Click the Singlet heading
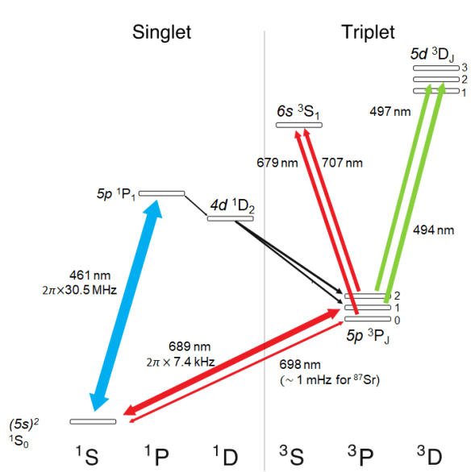[161, 32]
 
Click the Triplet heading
[368, 32]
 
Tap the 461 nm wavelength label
[90, 275]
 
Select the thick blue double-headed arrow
[127, 305]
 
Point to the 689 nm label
[190, 346]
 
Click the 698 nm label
[300, 365]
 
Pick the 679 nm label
[277, 163]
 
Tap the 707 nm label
[342, 163]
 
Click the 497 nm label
[390, 112]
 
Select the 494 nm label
[433, 230]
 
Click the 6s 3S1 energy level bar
[299, 125]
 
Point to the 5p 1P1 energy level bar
[161, 193]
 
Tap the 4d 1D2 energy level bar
[230, 218]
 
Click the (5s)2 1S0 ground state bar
[93, 422]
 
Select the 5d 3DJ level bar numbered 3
[436, 68]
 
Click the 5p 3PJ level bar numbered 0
[368, 319]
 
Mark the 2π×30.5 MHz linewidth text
[80, 290]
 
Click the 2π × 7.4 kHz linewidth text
[181, 362]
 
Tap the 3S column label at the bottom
[291, 455]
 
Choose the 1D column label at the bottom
[225, 455]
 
